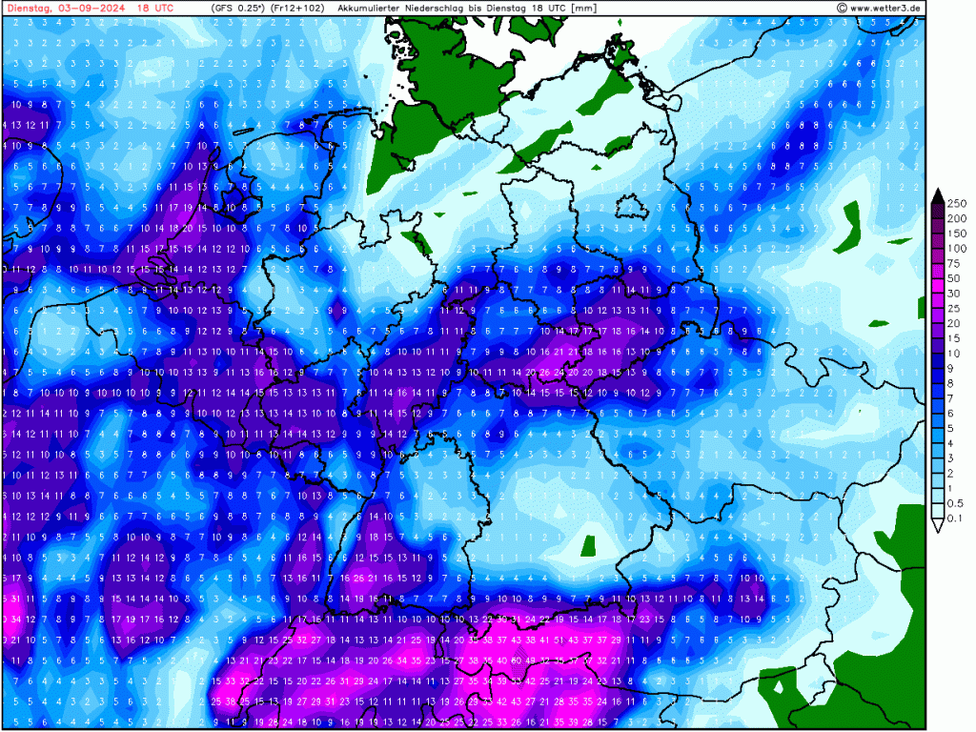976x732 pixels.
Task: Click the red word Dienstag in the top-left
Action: [28, 8]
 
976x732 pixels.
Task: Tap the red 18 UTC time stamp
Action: [155, 8]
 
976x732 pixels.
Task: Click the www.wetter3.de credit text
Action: [884, 8]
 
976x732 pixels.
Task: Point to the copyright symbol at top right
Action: [842, 8]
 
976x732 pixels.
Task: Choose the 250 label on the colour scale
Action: [956, 203]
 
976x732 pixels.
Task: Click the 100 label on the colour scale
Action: [956, 248]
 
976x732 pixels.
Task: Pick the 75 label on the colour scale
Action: [953, 263]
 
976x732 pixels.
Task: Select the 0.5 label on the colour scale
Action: [954, 503]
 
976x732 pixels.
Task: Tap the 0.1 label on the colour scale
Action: [954, 518]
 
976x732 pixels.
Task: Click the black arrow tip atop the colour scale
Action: [938, 194]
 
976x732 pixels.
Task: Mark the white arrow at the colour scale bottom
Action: [938, 525]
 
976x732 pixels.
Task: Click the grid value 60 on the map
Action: [515, 660]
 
